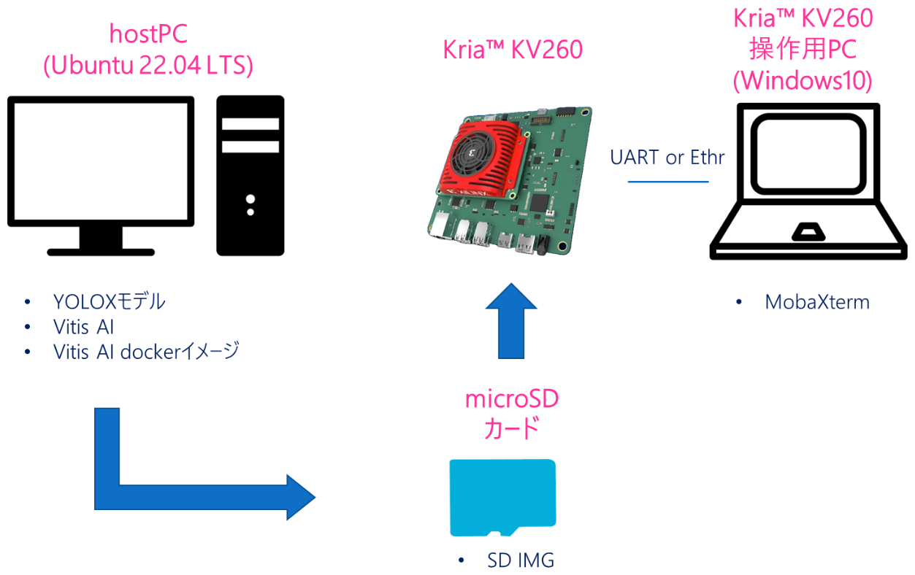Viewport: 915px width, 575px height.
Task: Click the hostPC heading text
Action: tap(148, 34)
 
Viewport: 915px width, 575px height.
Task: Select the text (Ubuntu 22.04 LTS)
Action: tap(148, 65)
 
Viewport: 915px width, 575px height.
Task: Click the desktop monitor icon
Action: tap(101, 175)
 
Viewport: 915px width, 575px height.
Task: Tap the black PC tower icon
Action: tap(250, 175)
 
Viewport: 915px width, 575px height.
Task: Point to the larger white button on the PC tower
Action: tap(250, 199)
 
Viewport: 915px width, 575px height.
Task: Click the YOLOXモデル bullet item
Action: tap(109, 302)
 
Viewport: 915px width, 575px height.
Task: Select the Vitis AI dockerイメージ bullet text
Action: tap(146, 352)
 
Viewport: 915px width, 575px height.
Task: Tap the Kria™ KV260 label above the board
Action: tap(513, 50)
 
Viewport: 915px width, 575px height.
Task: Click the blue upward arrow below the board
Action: tap(511, 321)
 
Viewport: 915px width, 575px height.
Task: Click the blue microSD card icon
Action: tap(502, 498)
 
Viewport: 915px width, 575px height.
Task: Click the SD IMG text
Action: tap(521, 560)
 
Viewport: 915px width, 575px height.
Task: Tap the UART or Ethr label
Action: tap(667, 157)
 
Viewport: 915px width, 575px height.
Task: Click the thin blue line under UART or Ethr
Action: tap(668, 182)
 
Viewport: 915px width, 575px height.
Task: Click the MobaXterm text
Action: tap(817, 302)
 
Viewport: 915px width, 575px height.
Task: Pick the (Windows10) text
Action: tap(803, 80)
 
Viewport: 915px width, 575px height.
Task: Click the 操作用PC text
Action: tap(803, 49)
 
